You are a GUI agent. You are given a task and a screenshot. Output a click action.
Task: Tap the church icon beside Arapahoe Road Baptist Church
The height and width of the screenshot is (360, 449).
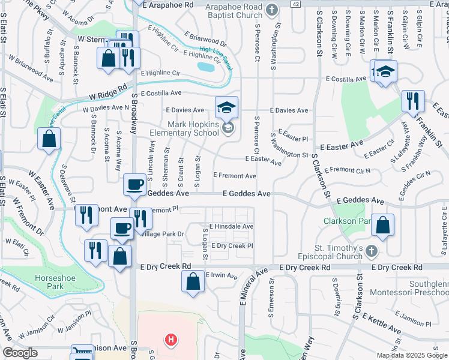pyautogui.click(x=272, y=10)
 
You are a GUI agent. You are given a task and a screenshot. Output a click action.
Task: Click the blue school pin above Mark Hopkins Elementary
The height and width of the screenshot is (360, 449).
pyautogui.click(x=226, y=108)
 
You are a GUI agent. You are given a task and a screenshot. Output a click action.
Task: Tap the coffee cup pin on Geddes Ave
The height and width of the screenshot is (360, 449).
pyautogui.click(x=135, y=184)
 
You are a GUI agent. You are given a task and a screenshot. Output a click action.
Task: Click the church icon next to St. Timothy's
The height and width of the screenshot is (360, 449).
pyautogui.click(x=372, y=250)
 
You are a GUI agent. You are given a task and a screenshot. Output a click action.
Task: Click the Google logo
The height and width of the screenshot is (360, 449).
pyautogui.click(x=20, y=353)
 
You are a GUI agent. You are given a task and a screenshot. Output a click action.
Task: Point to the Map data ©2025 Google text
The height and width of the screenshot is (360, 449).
pyautogui.click(x=411, y=355)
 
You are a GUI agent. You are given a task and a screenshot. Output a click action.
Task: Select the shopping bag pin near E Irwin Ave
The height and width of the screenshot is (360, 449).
pyautogui.click(x=193, y=281)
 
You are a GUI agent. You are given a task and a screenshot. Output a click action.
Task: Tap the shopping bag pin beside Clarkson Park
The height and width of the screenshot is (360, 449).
pyautogui.click(x=382, y=225)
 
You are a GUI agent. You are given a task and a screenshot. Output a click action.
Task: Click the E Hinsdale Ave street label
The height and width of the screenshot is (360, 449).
pyautogui.click(x=231, y=226)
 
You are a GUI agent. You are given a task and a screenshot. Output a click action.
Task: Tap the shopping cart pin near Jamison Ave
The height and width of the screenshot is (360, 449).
pyautogui.click(x=82, y=352)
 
